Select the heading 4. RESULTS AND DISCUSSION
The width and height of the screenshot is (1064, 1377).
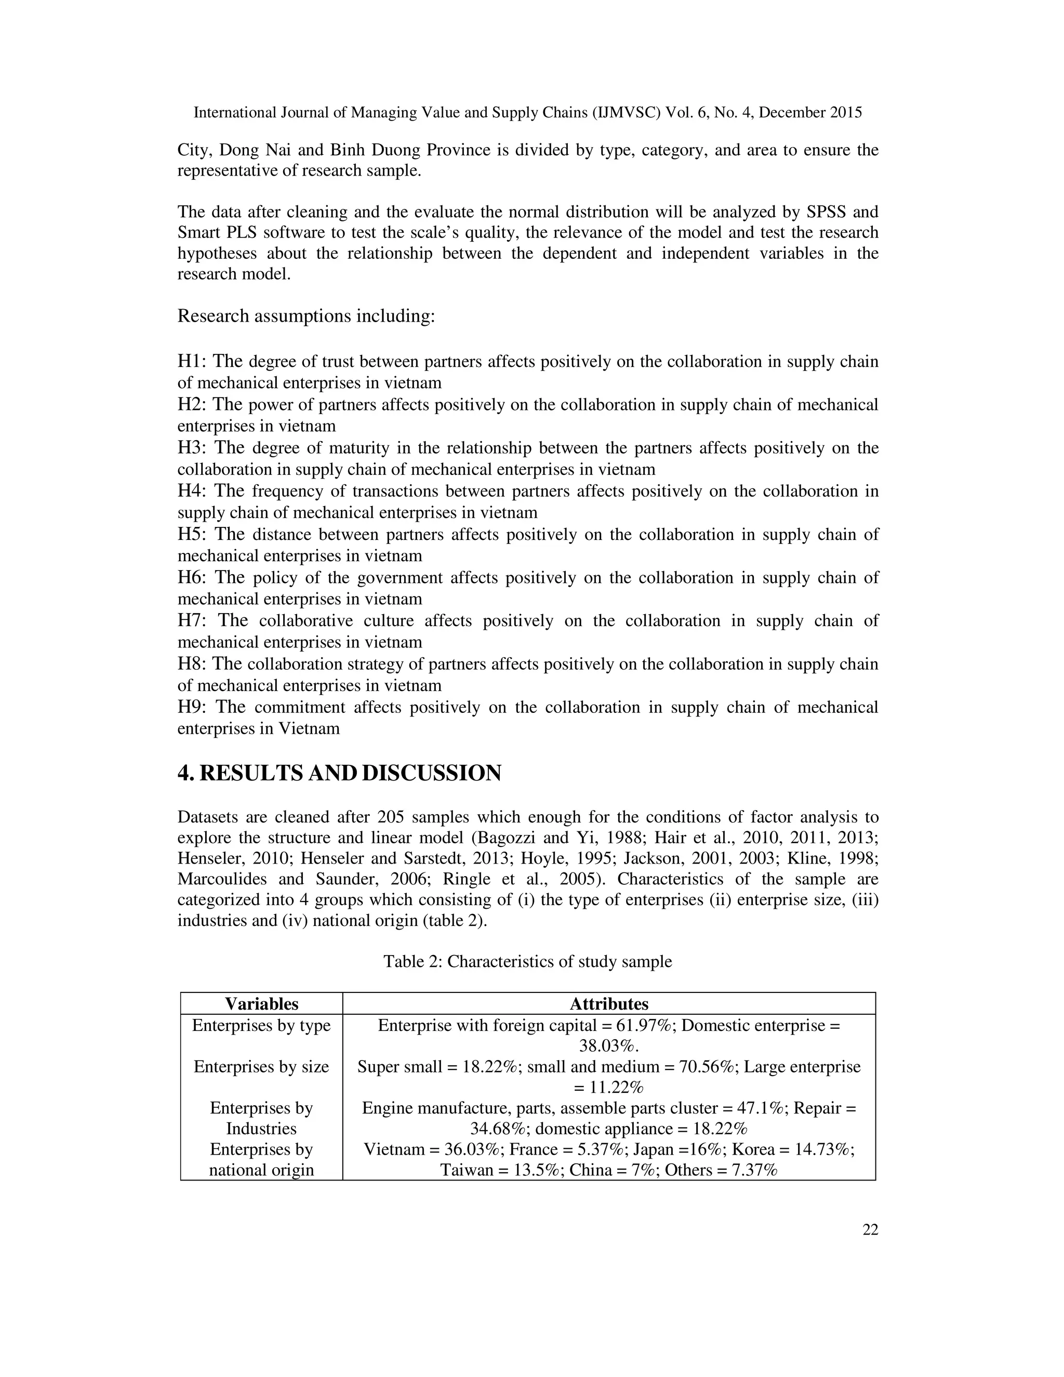(339, 773)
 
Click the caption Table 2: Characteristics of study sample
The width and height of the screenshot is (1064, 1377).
(528, 961)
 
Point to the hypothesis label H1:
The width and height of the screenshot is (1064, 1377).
(193, 361)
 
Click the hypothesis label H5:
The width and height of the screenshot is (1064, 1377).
(193, 535)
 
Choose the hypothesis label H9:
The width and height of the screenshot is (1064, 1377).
(193, 707)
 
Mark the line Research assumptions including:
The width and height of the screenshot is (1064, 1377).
(307, 316)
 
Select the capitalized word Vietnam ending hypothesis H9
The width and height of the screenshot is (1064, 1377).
(309, 729)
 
